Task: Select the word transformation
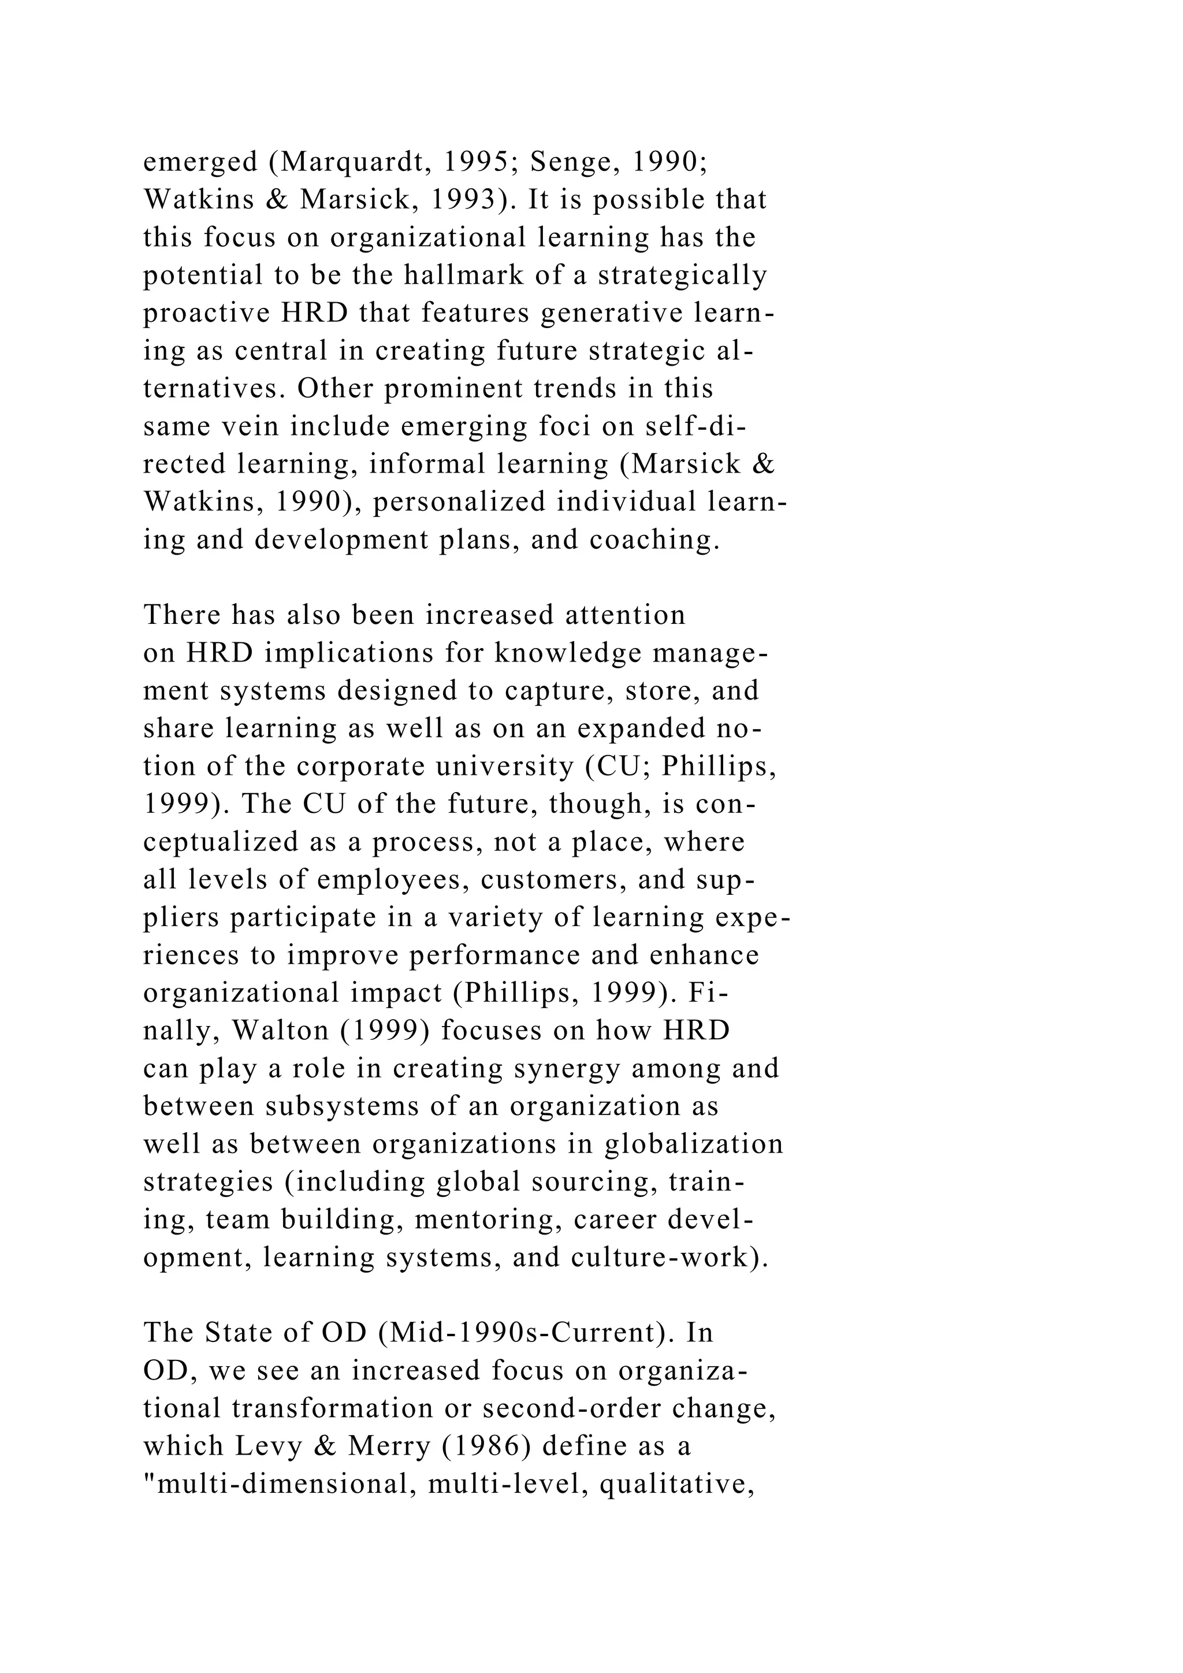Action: [332, 1408]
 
